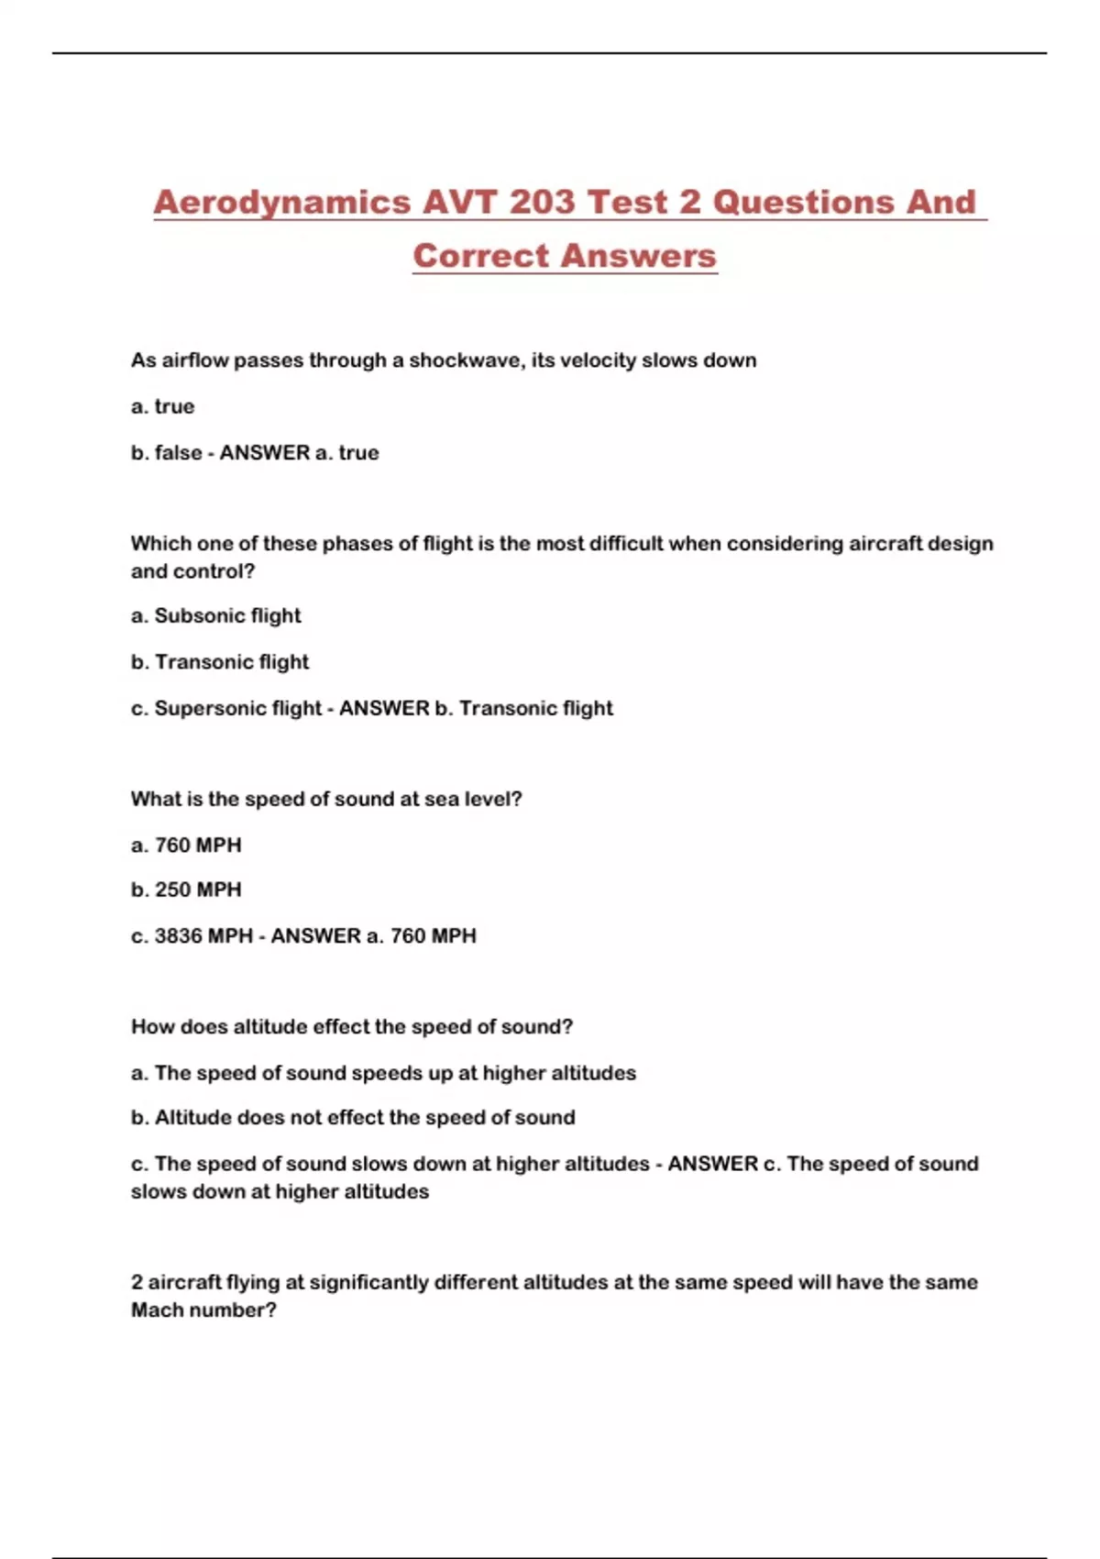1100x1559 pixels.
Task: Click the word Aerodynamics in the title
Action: [282, 203]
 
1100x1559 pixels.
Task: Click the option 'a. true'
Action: [163, 406]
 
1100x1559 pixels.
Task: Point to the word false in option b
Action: [178, 453]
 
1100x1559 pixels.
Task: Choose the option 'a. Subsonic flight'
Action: [216, 616]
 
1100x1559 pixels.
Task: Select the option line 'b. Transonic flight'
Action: [220, 662]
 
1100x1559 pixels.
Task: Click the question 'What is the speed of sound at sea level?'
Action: [326, 800]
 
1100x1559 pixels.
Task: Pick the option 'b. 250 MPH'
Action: [186, 890]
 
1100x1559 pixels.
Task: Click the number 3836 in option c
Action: [178, 936]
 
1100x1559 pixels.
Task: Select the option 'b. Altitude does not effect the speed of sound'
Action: [353, 1118]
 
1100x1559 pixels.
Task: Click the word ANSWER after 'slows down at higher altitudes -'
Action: [712, 1164]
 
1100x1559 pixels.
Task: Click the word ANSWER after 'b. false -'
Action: [265, 453]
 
